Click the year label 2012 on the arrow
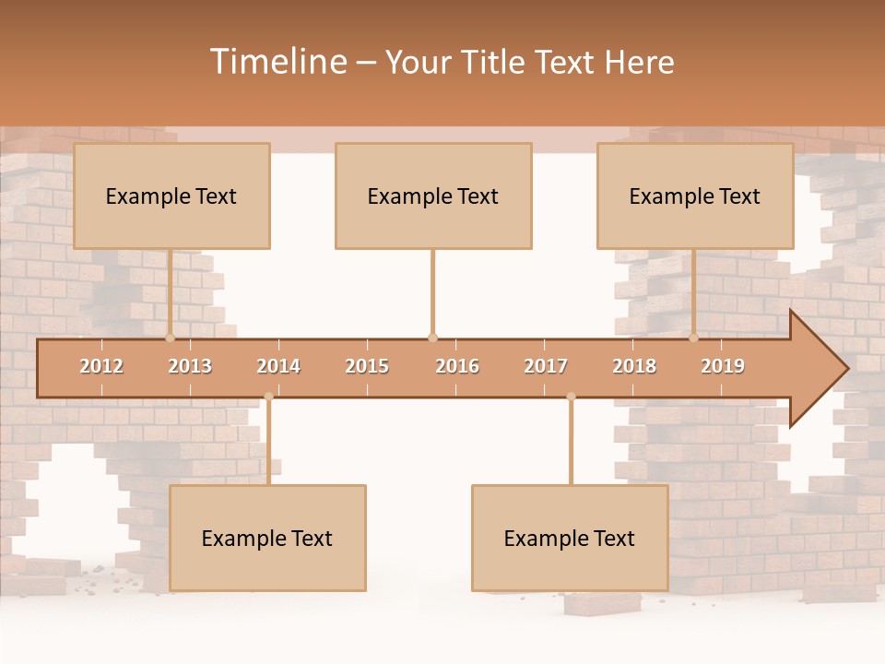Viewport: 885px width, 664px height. click(101, 366)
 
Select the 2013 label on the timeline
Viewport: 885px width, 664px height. click(190, 366)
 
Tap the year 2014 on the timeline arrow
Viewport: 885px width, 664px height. click(278, 366)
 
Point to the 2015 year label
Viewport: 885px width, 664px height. click(367, 366)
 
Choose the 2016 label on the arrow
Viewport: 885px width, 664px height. click(457, 366)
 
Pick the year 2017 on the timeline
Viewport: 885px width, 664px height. click(546, 366)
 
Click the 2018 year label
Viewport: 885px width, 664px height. click(634, 366)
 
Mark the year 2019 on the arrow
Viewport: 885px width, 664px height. click(723, 366)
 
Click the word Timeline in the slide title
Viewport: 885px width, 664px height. click(277, 62)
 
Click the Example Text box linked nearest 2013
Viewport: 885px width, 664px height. click(171, 196)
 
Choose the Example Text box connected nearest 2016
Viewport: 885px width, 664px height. click(433, 196)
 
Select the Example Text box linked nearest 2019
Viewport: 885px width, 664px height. click(695, 196)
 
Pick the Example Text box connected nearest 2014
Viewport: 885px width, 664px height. click(267, 538)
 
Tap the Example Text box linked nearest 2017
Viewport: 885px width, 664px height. click(570, 538)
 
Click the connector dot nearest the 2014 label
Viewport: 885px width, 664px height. click(268, 397)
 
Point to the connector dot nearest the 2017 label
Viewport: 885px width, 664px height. click(571, 397)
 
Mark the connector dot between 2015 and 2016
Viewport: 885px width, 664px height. click(432, 338)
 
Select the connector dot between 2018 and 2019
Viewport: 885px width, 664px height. click(693, 338)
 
